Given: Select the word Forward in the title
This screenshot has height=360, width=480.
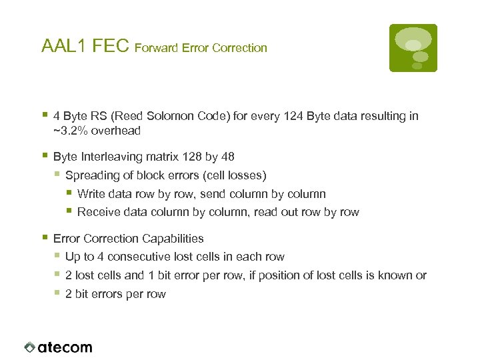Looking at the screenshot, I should tap(156, 48).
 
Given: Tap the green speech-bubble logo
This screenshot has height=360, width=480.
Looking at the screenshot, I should tap(413, 47).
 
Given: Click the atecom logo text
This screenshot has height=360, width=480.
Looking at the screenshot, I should tap(65, 347).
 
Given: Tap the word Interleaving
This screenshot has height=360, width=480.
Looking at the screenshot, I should tap(109, 157).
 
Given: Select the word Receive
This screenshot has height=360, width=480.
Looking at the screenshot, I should tap(97, 212).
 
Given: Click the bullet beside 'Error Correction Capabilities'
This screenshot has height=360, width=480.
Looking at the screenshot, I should tap(44, 237).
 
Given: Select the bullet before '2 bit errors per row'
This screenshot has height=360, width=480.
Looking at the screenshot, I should tap(57, 293).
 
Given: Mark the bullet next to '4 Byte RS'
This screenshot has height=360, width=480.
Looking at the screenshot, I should tap(44, 115).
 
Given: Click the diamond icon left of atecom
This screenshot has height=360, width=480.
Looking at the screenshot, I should tap(29, 347).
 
